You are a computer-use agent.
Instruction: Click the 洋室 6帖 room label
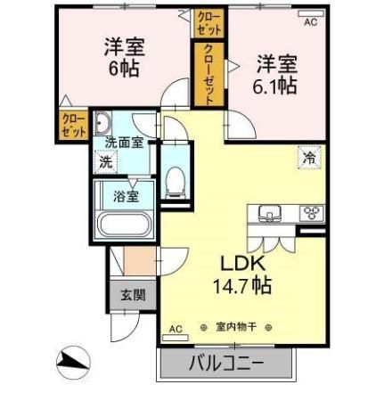point(123,58)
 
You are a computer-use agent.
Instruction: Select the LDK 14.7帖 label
point(241,275)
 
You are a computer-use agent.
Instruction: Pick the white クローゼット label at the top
point(206,20)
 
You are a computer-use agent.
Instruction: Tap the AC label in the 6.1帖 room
point(311,23)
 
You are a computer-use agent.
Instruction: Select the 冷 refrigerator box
point(309,158)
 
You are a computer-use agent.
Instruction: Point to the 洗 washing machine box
point(106,162)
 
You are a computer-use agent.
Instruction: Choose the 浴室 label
point(126,196)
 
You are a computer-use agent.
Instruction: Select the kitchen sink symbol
point(271,213)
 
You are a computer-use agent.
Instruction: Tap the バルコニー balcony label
point(226,364)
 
